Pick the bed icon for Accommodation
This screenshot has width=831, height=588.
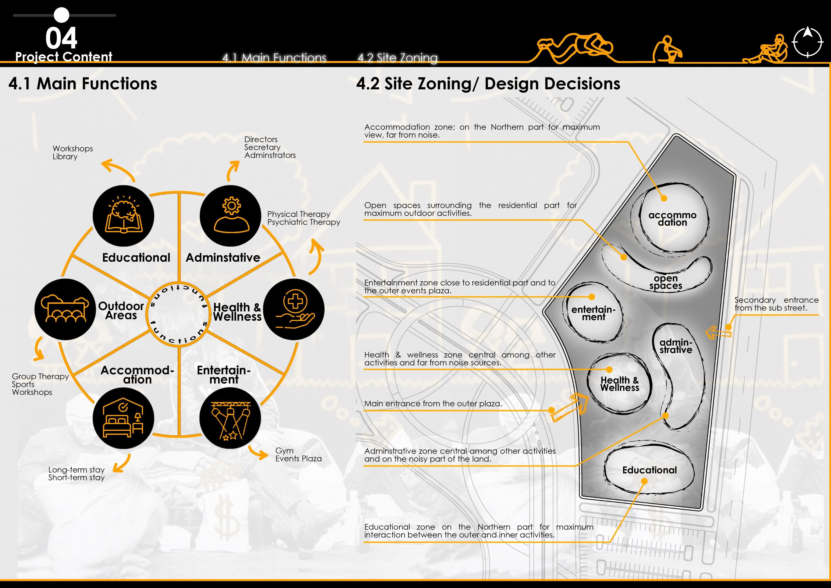(123, 418)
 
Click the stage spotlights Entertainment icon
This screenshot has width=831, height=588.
(230, 418)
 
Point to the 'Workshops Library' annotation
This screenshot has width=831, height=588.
(72, 152)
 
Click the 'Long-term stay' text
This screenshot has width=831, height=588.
(76, 470)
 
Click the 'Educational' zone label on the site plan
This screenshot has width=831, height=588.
(649, 470)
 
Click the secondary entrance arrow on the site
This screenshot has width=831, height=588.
(718, 332)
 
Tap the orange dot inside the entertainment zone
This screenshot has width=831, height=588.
(592, 297)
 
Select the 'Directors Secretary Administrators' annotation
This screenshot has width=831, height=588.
(270, 147)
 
